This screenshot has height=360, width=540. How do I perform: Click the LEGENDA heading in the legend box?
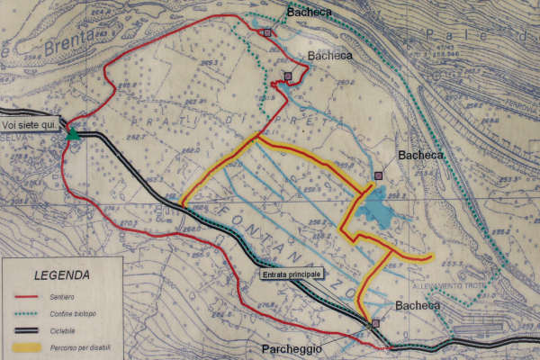point(62,275)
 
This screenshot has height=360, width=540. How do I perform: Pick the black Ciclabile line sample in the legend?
point(27,330)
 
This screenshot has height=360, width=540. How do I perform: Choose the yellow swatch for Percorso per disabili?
point(27,348)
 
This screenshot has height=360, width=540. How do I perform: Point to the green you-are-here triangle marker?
point(73,134)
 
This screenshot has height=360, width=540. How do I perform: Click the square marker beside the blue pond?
point(378,175)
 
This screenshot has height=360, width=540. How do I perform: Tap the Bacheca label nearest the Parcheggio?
point(418,306)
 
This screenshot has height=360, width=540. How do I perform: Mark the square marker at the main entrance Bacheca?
point(374,324)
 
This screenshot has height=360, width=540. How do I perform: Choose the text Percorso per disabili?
point(82,348)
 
